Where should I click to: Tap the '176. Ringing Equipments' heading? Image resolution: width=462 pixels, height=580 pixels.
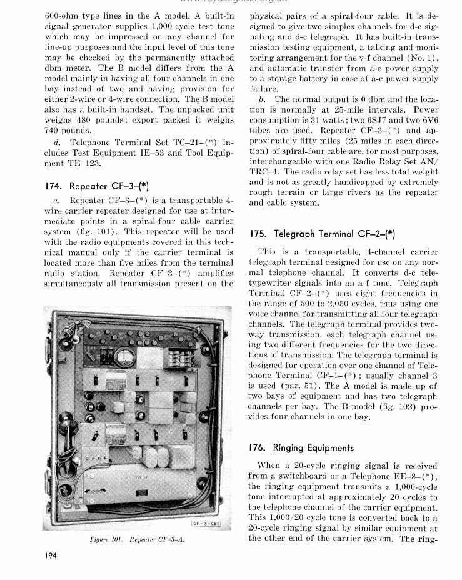[x=301, y=447]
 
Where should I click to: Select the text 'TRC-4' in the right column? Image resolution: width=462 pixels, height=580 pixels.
[x=264, y=171]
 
